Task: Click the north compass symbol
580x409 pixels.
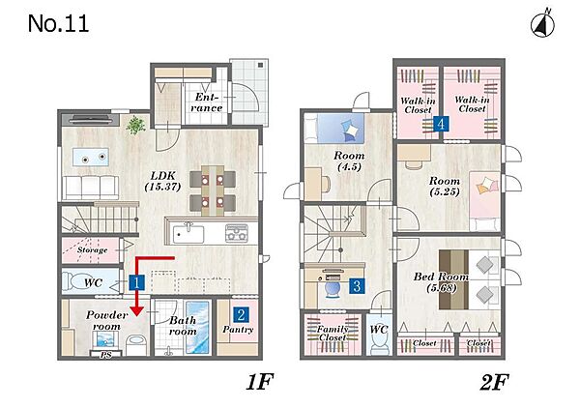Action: pyautogui.click(x=542, y=23)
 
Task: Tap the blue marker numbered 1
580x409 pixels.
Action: pyautogui.click(x=136, y=283)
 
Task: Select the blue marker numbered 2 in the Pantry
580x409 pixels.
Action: pyautogui.click(x=241, y=315)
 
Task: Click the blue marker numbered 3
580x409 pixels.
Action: pyautogui.click(x=357, y=286)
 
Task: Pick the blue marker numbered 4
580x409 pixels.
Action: pyautogui.click(x=441, y=124)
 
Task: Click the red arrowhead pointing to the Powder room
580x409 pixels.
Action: pyautogui.click(x=137, y=310)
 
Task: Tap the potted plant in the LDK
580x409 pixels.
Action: pyautogui.click(x=135, y=125)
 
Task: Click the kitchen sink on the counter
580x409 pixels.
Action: pyautogui.click(x=188, y=233)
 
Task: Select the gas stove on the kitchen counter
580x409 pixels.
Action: pyautogui.click(x=237, y=233)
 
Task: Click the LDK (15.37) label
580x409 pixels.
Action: pyautogui.click(x=162, y=181)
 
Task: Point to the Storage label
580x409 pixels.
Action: pyautogui.click(x=92, y=250)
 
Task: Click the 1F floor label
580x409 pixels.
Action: pyautogui.click(x=260, y=382)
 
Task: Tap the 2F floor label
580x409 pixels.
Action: pyautogui.click(x=494, y=382)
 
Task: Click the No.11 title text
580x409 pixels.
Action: pyautogui.click(x=58, y=23)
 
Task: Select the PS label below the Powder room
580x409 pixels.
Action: pyautogui.click(x=105, y=355)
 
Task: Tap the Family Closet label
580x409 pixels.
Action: pyautogui.click(x=333, y=334)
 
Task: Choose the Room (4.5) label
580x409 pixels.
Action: pyautogui.click(x=349, y=161)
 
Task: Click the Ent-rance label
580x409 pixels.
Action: pyautogui.click(x=207, y=102)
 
